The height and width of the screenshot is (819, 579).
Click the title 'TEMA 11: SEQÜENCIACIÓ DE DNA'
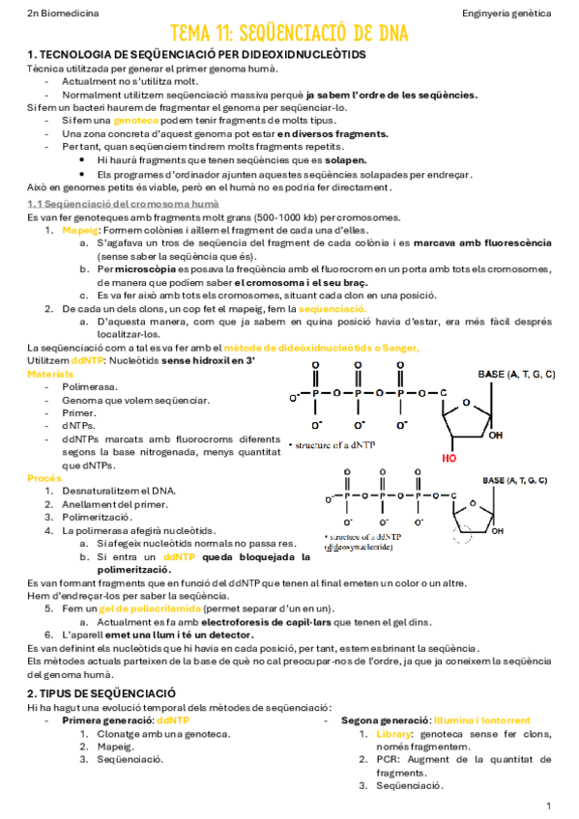click(289, 34)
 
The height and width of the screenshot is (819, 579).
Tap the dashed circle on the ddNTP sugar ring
click(462, 538)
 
